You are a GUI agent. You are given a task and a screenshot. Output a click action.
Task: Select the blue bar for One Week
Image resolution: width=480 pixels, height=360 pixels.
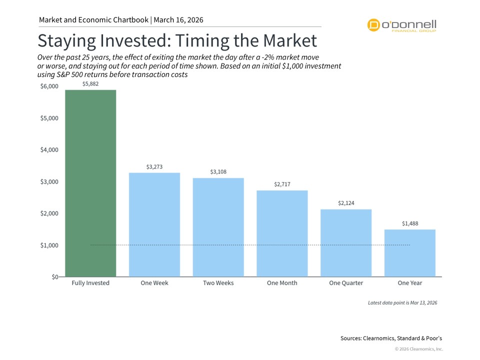154,224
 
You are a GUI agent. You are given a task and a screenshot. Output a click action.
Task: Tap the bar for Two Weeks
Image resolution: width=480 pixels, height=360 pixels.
218,227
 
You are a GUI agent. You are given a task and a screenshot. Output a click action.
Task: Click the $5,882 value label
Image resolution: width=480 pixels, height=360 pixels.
90,84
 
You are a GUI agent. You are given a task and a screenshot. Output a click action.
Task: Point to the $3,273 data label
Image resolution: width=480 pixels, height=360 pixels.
154,167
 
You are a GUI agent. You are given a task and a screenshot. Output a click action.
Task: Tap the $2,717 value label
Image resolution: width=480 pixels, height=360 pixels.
282,184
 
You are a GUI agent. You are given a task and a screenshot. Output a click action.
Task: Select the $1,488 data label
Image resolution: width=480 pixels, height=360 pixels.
410,223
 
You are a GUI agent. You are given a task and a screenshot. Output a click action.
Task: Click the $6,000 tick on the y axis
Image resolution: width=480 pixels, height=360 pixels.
49,86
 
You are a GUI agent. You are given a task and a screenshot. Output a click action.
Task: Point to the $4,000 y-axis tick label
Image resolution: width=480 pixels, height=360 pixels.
49,150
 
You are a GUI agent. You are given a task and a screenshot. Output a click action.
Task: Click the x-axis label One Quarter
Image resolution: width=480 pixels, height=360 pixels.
346,283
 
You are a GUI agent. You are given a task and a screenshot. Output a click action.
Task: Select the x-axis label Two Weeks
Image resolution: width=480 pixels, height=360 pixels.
218,283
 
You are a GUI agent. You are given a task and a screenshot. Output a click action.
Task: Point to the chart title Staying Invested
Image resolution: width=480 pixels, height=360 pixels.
177,40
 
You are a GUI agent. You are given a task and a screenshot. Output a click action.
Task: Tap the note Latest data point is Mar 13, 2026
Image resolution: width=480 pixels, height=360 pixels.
402,303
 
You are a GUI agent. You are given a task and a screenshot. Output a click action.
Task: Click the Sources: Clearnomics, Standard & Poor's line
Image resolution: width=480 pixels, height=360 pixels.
391,338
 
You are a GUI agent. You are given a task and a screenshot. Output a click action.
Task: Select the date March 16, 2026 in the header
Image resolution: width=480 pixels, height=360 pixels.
178,20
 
